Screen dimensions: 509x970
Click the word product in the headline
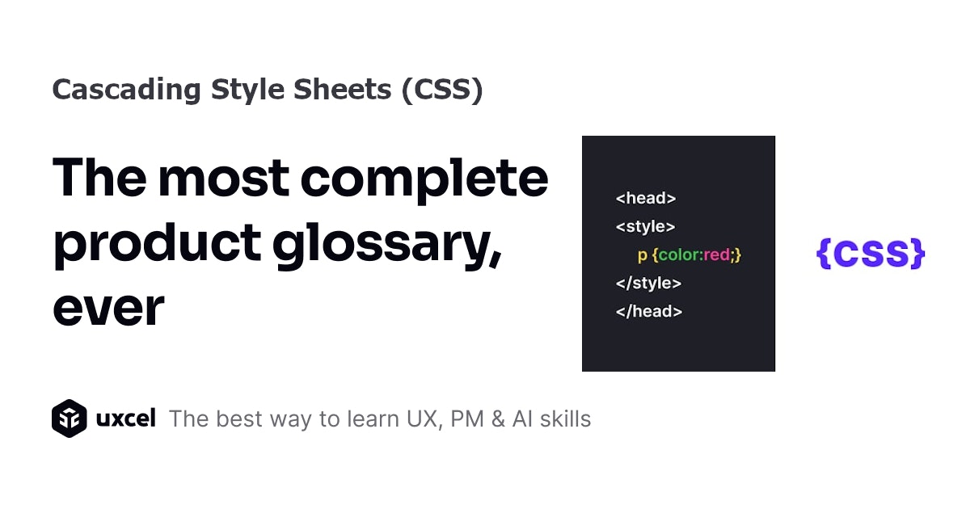pyautogui.click(x=157, y=245)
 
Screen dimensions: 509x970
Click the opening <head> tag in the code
pyautogui.click(x=645, y=198)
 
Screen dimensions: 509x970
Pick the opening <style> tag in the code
pyautogui.click(x=645, y=227)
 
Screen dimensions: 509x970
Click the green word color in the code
pyautogui.click(x=681, y=255)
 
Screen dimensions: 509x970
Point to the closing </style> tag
pyautogui.click(x=648, y=284)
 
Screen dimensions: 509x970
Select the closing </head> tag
pyautogui.click(x=648, y=311)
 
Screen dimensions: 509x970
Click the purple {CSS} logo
pyautogui.click(x=870, y=254)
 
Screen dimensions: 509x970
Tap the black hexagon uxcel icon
pyautogui.click(x=69, y=419)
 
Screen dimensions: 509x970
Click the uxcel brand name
pyautogui.click(x=125, y=419)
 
